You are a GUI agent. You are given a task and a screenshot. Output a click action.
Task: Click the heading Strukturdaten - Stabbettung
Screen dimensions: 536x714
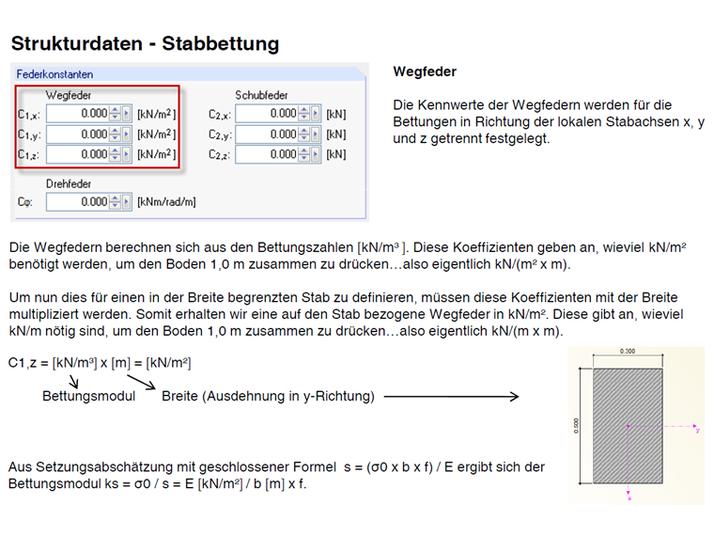point(145,43)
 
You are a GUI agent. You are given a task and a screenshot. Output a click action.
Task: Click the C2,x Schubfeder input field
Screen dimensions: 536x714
point(267,114)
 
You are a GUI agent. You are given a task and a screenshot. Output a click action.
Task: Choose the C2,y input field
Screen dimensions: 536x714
point(267,134)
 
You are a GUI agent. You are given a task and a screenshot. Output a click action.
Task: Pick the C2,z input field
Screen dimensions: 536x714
point(267,154)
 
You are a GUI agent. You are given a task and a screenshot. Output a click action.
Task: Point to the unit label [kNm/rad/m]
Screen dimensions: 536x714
point(166,202)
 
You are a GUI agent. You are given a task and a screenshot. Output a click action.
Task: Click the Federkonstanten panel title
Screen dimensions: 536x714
point(54,73)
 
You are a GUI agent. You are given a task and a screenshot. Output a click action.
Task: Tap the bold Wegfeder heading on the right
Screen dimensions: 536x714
point(425,71)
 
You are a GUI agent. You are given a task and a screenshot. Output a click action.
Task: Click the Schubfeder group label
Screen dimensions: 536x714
point(261,95)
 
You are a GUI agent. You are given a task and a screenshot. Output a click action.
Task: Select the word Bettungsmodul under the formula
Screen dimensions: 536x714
point(88,396)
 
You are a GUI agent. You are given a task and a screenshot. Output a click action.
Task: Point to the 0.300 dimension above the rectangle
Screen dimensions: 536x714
point(629,352)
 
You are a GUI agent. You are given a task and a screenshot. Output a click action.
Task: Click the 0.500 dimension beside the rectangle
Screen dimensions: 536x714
point(576,425)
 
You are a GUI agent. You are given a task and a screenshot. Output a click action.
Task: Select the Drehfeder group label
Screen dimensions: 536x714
point(69,183)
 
